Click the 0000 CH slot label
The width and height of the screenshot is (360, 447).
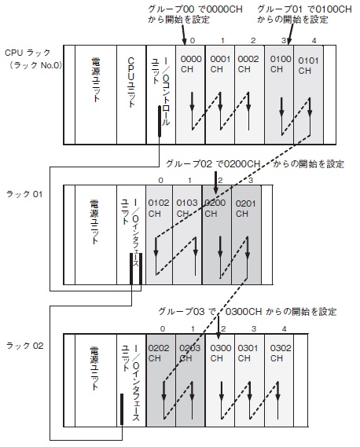tap(191, 64)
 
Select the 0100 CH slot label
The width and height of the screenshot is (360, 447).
tap(281, 64)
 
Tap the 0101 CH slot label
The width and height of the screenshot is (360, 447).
tap(308, 65)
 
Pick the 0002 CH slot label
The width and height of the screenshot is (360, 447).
tap(248, 64)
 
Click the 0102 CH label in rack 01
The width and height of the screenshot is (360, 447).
tap(159, 208)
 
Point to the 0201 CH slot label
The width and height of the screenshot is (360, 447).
tap(245, 209)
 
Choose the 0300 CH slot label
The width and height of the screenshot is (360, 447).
tap(221, 353)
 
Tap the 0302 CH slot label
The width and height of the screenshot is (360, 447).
tap(281, 353)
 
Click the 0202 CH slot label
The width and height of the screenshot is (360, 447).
tap(159, 353)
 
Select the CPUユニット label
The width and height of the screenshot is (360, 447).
tap(131, 82)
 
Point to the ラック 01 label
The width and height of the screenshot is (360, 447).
tap(24, 194)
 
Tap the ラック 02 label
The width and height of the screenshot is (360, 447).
tap(25, 346)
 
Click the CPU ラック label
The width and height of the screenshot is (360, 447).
tap(28, 53)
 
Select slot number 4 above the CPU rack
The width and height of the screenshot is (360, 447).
tap(314, 41)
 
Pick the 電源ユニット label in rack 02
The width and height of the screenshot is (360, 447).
tap(94, 368)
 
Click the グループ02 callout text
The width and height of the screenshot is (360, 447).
tap(255, 163)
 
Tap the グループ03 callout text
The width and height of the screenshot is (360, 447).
tap(248, 311)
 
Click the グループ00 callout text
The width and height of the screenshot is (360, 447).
tap(195, 14)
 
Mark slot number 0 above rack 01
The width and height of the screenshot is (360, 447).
tap(160, 180)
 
